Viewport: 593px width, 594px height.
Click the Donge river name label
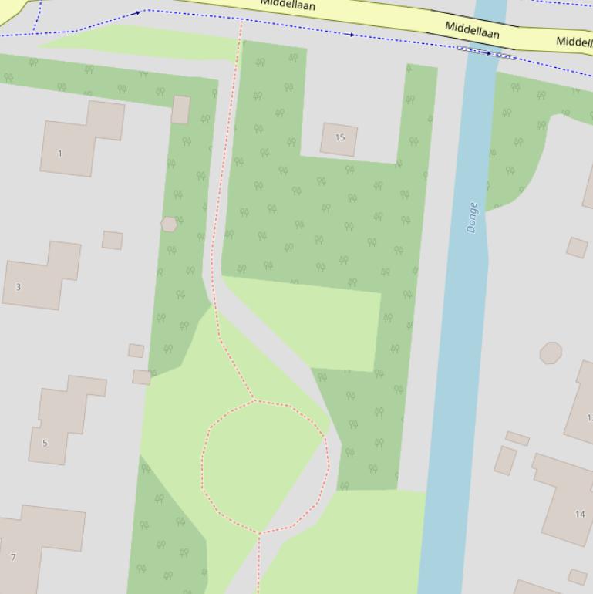click(x=472, y=218)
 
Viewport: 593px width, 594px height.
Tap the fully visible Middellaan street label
click(x=472, y=31)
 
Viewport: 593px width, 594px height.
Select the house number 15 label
click(x=340, y=137)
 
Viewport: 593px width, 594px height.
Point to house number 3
click(x=19, y=287)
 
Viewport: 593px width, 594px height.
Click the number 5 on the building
click(x=45, y=443)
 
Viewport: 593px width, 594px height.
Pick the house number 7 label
click(x=13, y=556)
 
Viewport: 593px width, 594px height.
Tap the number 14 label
click(x=580, y=514)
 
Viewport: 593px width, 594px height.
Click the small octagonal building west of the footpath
click(x=169, y=224)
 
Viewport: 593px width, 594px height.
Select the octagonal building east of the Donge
click(x=551, y=353)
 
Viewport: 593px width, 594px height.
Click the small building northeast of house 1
click(x=181, y=110)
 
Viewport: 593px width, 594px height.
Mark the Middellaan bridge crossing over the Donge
click(x=487, y=52)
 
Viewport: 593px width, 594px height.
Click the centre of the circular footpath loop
click(x=264, y=466)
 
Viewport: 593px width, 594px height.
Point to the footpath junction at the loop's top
click(x=254, y=400)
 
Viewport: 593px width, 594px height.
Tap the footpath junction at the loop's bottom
click(x=259, y=532)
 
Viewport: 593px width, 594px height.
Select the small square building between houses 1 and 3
click(x=113, y=240)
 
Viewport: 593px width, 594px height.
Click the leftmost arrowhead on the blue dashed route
click(x=138, y=12)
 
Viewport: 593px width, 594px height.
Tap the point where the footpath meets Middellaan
click(x=241, y=22)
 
